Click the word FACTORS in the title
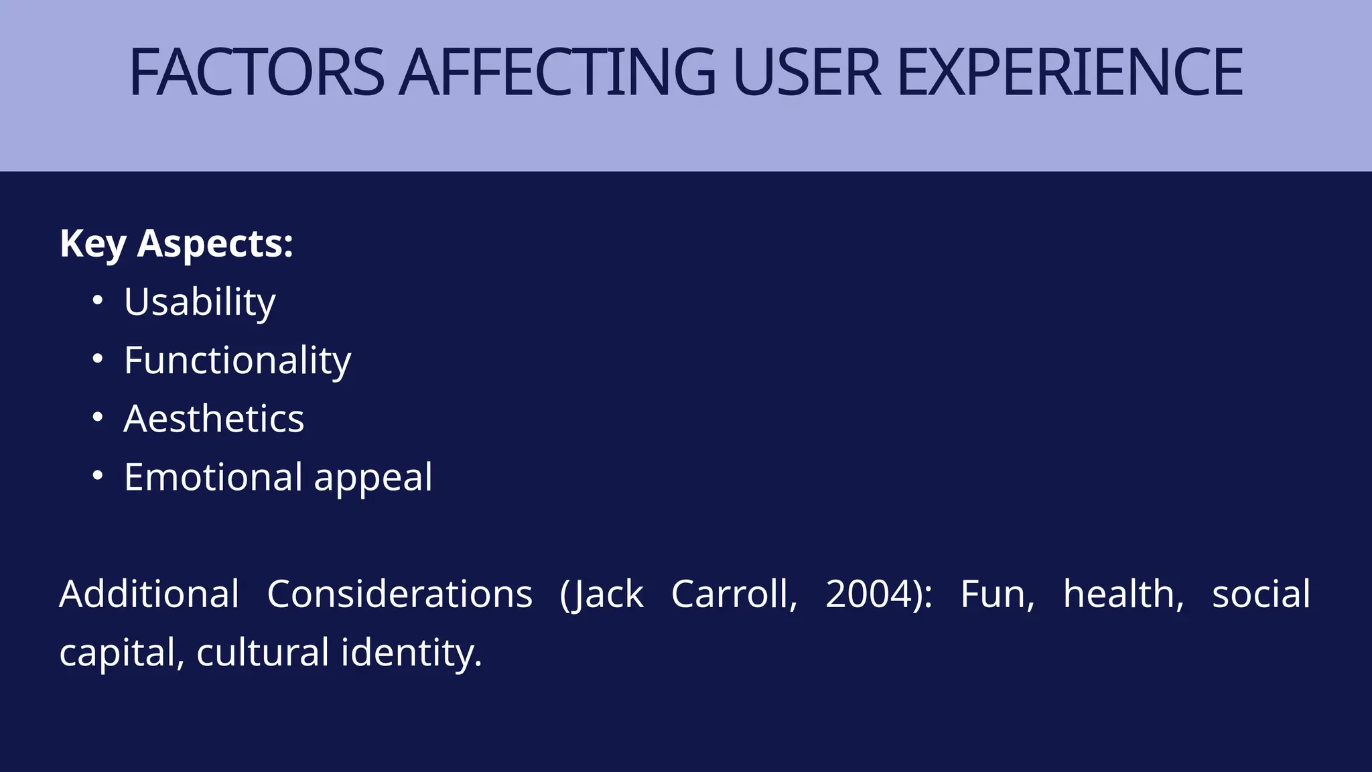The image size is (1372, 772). click(x=257, y=72)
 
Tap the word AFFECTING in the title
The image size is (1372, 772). click(x=557, y=72)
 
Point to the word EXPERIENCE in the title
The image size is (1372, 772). click(x=1069, y=72)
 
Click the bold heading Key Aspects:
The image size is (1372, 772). click(x=176, y=243)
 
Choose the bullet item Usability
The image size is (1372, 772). click(x=200, y=302)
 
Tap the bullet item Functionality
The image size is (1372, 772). click(x=237, y=361)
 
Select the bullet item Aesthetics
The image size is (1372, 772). click(x=214, y=419)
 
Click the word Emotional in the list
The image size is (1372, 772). click(x=213, y=477)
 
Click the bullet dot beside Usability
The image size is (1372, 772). click(x=98, y=301)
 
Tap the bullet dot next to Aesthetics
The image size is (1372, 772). click(x=98, y=417)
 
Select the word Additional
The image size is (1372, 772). click(x=149, y=594)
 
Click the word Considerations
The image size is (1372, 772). click(x=399, y=594)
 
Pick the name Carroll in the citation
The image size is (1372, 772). click(x=734, y=594)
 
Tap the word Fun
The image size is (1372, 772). click(x=996, y=594)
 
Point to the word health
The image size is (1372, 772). click(x=1123, y=594)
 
